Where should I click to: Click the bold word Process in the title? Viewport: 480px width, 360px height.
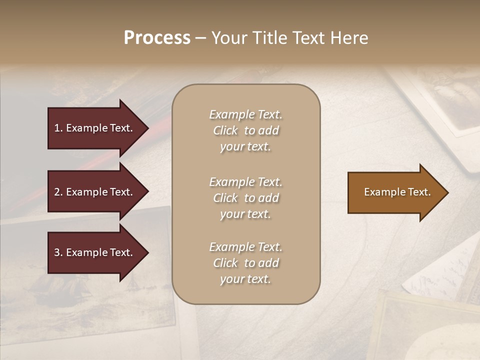click(157, 38)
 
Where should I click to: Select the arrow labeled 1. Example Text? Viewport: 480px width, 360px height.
click(95, 128)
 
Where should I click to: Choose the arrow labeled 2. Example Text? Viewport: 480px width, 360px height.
click(95, 192)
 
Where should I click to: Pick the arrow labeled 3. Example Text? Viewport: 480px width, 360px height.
click(95, 252)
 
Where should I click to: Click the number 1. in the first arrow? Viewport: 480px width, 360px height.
click(58, 128)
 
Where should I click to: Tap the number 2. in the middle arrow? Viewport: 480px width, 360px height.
click(58, 192)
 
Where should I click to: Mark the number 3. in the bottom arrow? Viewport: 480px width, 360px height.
click(58, 252)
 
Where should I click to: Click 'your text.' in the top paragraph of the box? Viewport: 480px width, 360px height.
click(245, 147)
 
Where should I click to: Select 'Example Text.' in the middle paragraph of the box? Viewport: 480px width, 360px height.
click(245, 182)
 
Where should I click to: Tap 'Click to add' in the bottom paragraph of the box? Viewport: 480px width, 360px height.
click(245, 263)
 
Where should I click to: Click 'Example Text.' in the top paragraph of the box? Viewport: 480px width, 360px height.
click(245, 114)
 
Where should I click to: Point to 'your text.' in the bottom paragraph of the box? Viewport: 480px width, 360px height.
click(245, 279)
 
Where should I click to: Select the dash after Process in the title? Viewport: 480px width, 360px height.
click(200, 38)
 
